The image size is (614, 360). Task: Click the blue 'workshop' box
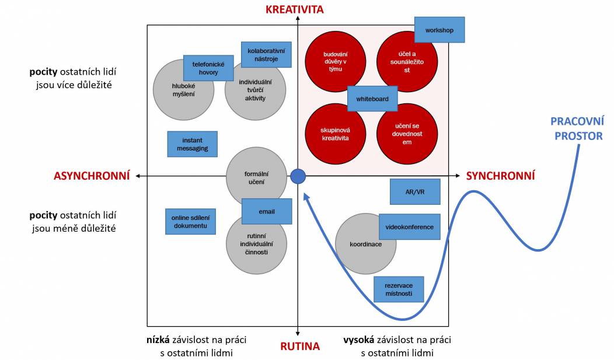(439, 30)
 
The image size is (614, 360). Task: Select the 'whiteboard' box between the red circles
(372, 99)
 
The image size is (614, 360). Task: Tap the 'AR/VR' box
(415, 192)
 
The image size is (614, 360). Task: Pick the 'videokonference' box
(410, 226)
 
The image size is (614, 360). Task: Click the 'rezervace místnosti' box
(399, 289)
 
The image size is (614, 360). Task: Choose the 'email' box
(267, 211)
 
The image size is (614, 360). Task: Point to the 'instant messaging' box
(192, 144)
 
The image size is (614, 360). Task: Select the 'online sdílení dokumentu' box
(190, 222)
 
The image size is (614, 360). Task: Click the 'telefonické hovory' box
(208, 68)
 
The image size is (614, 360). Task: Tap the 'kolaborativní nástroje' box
(266, 55)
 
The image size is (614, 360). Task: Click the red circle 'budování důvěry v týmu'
(336, 61)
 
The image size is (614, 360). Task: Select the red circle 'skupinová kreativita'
(336, 134)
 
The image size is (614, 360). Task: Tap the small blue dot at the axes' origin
(298, 176)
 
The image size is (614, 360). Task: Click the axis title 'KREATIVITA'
(295, 9)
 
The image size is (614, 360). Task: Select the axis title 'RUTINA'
(300, 346)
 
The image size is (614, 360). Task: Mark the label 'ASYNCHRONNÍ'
(92, 176)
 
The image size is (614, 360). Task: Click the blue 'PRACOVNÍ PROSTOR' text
(578, 129)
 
